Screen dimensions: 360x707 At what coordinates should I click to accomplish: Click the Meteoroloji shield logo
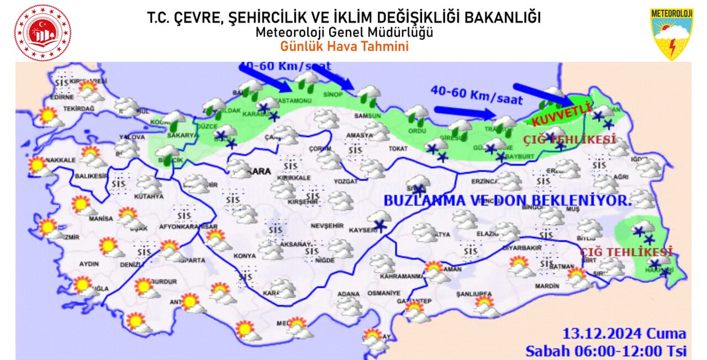[671, 33]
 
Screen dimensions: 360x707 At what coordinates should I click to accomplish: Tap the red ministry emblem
[43, 33]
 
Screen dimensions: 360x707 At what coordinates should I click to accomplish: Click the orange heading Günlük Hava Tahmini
[344, 46]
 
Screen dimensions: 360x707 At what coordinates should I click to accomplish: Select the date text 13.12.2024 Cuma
[624, 334]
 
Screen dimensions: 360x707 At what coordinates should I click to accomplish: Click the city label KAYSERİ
[362, 230]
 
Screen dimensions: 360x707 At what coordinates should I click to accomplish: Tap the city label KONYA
[245, 256]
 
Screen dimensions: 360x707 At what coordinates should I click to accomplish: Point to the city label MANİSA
[101, 219]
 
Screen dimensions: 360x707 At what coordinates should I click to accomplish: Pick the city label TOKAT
[397, 149]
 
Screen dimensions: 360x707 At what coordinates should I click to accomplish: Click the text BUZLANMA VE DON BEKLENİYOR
[506, 201]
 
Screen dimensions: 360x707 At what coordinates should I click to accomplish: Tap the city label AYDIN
[89, 264]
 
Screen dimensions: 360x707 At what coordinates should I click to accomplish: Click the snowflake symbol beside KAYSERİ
[379, 225]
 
